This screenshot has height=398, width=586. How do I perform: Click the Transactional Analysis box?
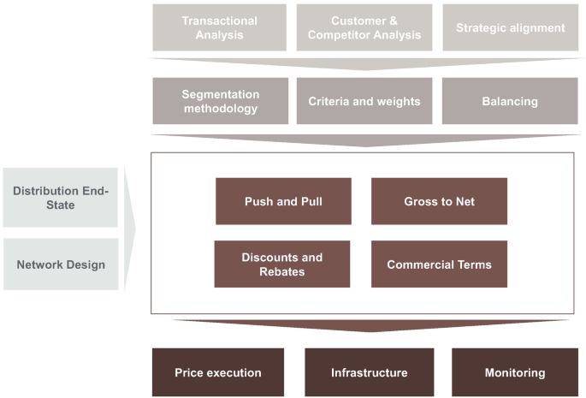(220, 27)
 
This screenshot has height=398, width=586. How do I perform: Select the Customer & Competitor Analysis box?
(364, 27)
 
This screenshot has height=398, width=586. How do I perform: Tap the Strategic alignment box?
(510, 27)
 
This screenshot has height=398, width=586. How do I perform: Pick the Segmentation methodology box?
(220, 101)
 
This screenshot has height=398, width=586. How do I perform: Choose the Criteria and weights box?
(364, 101)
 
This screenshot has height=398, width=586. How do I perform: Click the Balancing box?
(510, 101)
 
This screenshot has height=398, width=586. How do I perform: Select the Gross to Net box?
(439, 201)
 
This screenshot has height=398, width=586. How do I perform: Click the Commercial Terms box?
(439, 264)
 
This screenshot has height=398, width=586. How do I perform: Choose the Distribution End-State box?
(61, 198)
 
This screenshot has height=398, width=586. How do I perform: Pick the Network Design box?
(61, 264)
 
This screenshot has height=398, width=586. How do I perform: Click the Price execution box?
(217, 372)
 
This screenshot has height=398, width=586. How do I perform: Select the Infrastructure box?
(369, 372)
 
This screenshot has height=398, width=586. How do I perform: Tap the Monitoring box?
(515, 372)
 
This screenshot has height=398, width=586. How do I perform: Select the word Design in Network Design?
(86, 264)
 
